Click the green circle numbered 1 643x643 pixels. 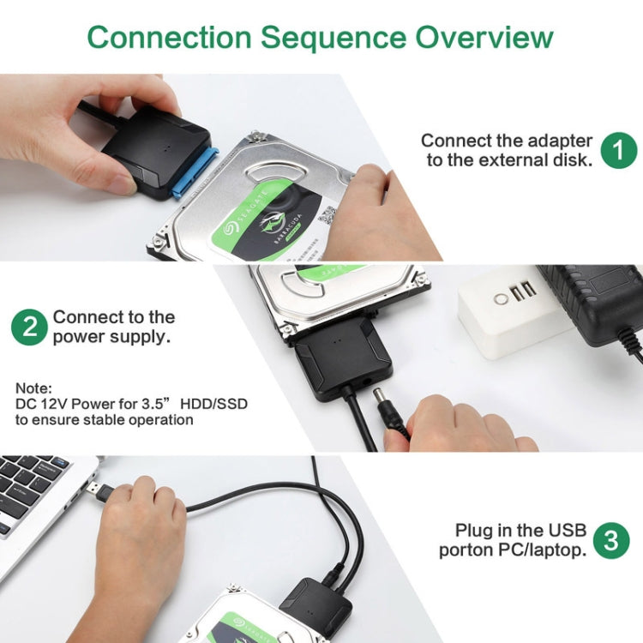[x=618, y=150]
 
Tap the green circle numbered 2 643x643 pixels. [x=29, y=328]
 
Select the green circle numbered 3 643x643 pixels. [x=610, y=539]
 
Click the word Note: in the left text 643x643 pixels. [x=33, y=387]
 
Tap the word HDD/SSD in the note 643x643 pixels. [x=214, y=403]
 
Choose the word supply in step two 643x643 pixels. [x=141, y=337]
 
